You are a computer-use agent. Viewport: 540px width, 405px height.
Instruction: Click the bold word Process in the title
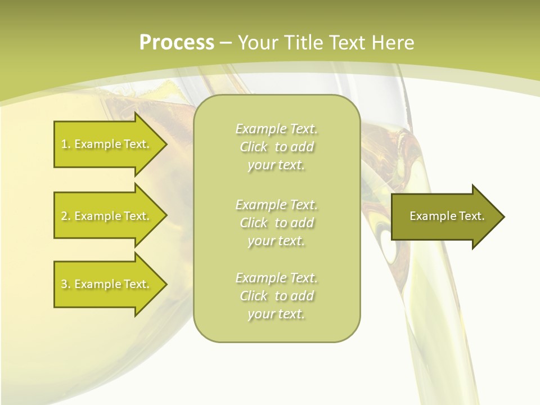[177, 43]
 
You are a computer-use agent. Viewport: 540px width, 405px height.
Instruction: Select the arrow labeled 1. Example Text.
[107, 144]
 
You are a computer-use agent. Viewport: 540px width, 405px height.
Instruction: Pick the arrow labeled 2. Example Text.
[107, 216]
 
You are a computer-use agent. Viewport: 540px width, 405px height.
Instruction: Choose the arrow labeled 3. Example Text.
[107, 284]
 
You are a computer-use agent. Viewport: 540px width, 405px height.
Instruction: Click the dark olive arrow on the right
[444, 216]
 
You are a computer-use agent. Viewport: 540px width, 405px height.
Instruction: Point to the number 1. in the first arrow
[65, 144]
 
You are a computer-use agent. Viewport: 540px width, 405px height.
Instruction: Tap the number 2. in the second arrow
[65, 216]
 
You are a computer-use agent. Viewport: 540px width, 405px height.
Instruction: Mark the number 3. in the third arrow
[65, 284]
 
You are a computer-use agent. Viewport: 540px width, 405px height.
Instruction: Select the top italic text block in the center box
[276, 147]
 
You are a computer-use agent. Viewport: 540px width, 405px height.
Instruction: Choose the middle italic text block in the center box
[276, 223]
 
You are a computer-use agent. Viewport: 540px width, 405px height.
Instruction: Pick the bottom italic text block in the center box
[276, 296]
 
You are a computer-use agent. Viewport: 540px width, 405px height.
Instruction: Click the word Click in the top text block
[254, 147]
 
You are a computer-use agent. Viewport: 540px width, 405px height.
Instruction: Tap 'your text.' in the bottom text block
[276, 314]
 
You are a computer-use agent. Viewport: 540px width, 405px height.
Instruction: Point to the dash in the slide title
[226, 43]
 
